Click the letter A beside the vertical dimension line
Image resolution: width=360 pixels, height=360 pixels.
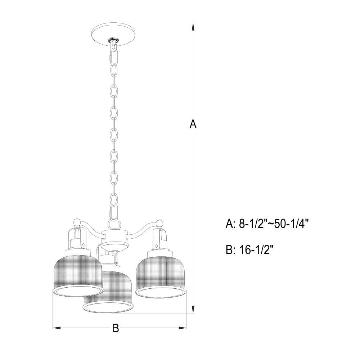point(193,124)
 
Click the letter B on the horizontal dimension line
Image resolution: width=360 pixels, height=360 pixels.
point(116,328)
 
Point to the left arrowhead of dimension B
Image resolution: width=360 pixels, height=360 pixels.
point(57,328)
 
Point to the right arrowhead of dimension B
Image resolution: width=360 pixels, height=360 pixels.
point(182,328)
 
